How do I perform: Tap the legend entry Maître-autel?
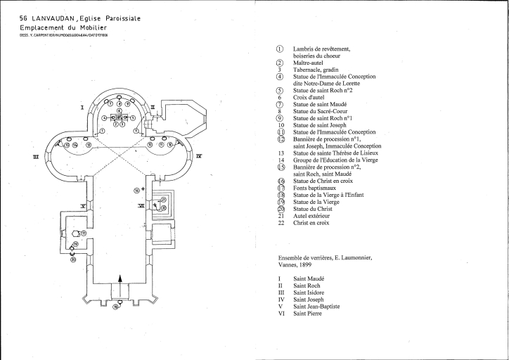pyautogui.click(x=309, y=63)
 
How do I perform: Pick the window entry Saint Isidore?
pyautogui.click(x=311, y=293)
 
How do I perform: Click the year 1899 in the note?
pyautogui.click(x=308, y=266)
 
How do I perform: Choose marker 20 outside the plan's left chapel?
pyautogui.click(x=72, y=258)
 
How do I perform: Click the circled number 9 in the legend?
pyautogui.click(x=280, y=118)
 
